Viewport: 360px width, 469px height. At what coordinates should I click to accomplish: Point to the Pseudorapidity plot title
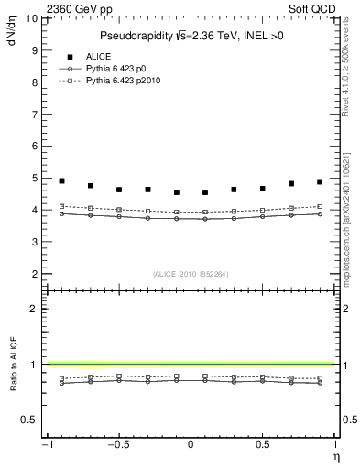tap(190, 36)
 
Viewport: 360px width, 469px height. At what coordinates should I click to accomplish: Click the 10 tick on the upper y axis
tap(33, 18)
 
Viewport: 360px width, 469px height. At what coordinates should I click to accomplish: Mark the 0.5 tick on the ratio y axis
tap(31, 420)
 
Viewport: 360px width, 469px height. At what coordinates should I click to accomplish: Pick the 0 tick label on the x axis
tap(191, 444)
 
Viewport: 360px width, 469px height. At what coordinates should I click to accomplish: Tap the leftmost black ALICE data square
tap(61, 181)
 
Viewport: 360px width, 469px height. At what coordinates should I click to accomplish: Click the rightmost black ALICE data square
tap(320, 182)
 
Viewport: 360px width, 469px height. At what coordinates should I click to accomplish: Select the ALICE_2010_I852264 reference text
tap(190, 273)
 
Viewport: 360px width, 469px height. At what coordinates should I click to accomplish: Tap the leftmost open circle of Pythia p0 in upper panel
tap(61, 213)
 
